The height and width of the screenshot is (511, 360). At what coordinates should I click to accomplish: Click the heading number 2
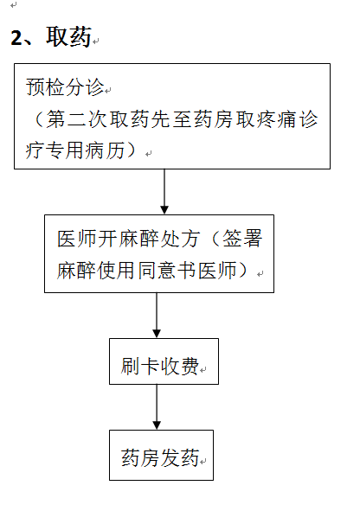click(x=17, y=37)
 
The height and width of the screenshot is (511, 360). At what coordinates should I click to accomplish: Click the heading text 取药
click(x=68, y=36)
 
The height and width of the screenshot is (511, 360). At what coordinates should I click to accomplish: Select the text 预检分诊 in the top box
click(x=65, y=87)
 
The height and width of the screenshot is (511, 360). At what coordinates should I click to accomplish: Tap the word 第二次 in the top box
click(x=76, y=119)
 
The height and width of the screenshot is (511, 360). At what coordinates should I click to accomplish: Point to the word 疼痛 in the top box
click(x=277, y=119)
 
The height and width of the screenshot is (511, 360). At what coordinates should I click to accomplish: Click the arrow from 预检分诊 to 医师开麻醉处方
click(x=164, y=191)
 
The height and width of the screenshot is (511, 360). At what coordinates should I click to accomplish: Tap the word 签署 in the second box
click(x=242, y=239)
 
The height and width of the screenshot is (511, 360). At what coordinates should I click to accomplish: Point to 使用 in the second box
click(x=117, y=270)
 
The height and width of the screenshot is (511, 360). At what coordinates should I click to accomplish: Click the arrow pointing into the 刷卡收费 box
click(x=157, y=315)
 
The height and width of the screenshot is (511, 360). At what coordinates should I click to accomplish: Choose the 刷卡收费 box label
click(x=160, y=366)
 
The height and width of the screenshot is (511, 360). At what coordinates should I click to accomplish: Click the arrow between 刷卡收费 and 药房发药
click(x=157, y=407)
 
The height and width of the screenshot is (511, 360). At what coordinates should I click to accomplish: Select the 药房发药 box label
click(x=160, y=457)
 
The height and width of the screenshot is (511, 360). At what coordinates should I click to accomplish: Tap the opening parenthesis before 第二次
click(x=38, y=119)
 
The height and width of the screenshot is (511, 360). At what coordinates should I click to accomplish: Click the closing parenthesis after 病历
click(x=132, y=150)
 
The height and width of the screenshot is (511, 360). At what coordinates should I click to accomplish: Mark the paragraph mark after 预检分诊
click(x=108, y=90)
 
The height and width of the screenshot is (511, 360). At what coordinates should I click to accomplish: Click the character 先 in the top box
click(x=160, y=119)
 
